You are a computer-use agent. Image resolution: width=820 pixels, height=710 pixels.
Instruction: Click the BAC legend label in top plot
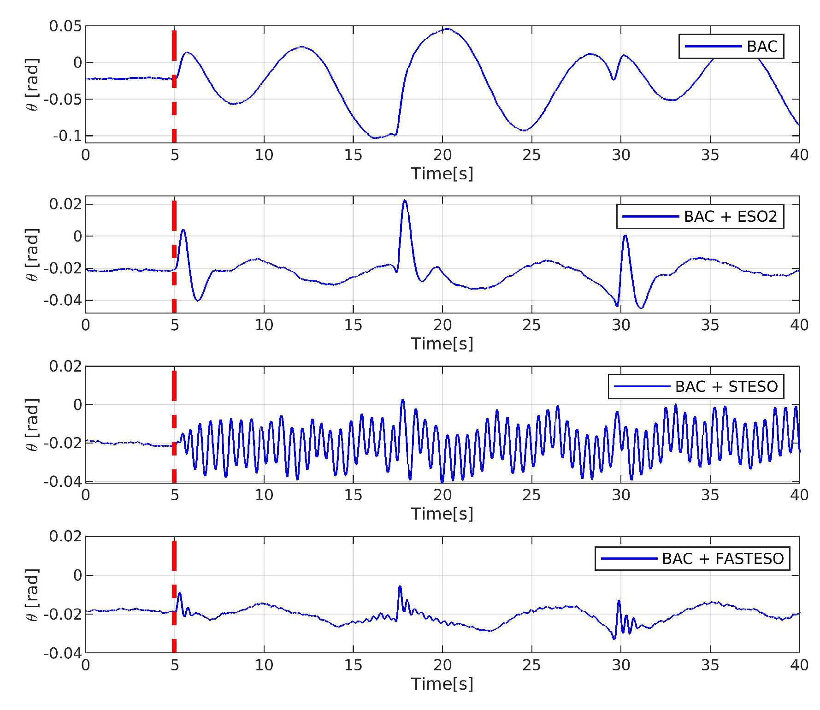762,47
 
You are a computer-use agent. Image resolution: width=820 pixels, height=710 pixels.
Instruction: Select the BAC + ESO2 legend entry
730,217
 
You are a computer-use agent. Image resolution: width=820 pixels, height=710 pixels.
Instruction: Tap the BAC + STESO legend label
726,386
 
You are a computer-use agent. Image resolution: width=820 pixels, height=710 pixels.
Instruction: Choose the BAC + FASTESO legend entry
722,559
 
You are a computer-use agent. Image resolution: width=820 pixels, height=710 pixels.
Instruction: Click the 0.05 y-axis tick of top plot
65,26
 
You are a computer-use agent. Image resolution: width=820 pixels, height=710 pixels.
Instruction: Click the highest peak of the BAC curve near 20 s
447,29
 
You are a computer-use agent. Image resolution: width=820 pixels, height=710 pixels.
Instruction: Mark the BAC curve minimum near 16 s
374,137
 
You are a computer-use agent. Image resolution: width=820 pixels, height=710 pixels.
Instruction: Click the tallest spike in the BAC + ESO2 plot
405,201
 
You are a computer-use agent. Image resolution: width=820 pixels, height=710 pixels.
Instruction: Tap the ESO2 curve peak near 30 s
625,236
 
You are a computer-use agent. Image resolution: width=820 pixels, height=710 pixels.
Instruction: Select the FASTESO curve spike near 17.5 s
400,586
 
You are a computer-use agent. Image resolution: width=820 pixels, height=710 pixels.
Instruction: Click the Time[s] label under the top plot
442,174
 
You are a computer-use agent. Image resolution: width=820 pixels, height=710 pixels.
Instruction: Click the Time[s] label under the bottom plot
442,684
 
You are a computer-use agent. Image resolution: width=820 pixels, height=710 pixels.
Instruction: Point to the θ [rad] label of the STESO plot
31,424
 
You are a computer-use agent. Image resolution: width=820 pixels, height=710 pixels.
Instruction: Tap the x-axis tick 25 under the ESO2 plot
531,325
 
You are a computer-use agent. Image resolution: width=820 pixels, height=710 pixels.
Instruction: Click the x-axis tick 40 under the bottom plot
799,665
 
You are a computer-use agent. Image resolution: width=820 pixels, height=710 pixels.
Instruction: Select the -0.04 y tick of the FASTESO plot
63,653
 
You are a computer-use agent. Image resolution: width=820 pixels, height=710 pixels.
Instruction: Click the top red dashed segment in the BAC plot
174,45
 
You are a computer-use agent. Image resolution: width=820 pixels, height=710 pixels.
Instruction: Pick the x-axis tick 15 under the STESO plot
353,495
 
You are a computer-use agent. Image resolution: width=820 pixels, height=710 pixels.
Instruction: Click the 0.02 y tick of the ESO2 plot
65,204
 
